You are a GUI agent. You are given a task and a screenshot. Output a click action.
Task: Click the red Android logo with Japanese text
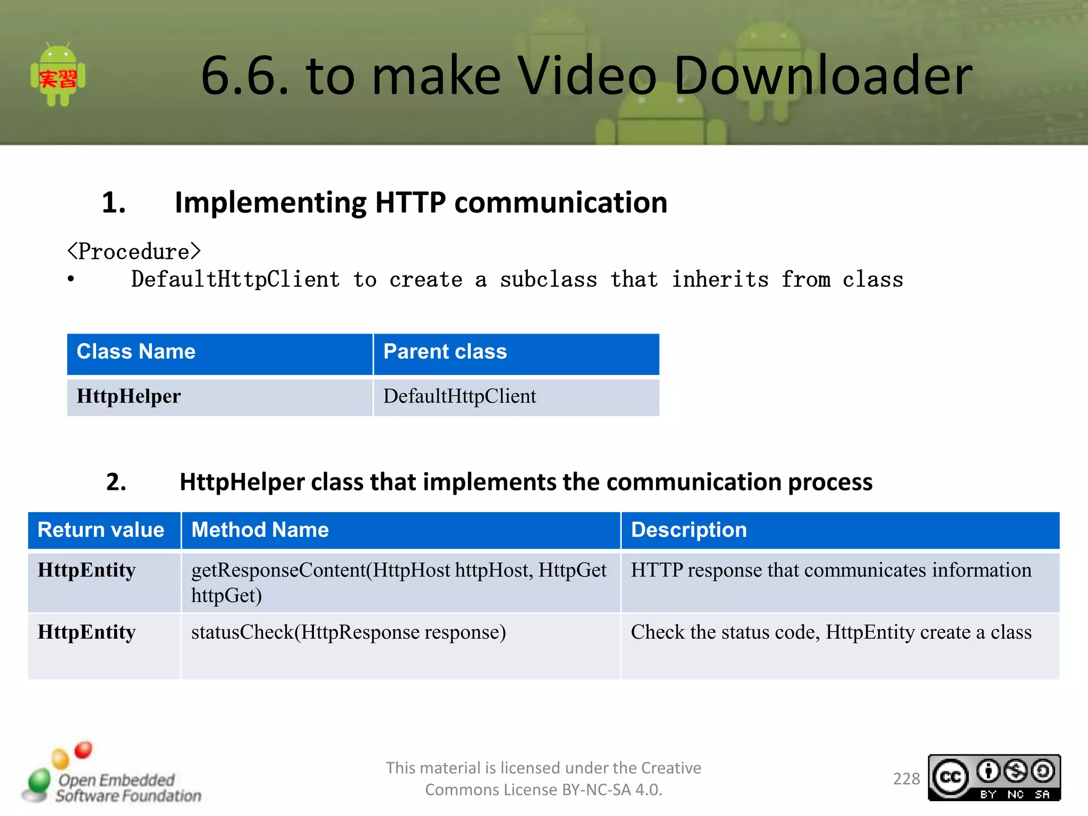(x=58, y=75)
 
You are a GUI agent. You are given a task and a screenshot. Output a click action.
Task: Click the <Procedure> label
(x=134, y=251)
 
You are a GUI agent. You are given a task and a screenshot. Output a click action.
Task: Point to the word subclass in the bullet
(x=548, y=279)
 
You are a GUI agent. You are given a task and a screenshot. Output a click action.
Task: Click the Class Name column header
(x=136, y=352)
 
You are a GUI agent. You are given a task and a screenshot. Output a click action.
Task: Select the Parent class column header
(x=445, y=352)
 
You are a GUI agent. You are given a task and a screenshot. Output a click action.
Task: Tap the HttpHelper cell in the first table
(x=129, y=396)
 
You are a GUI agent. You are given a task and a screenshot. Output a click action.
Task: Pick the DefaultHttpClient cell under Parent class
(x=460, y=396)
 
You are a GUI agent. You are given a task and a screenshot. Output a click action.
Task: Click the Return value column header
(x=101, y=530)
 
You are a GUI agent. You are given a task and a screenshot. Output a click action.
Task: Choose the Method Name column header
(x=260, y=530)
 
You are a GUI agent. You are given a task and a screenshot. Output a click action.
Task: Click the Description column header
(x=688, y=530)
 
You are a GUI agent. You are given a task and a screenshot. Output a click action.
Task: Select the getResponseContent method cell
(x=398, y=582)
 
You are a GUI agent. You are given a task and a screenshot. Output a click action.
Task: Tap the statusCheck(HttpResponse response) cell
(x=348, y=632)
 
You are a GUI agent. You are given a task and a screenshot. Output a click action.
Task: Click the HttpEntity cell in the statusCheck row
(x=87, y=632)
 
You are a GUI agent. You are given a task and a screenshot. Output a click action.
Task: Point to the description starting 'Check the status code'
(x=831, y=632)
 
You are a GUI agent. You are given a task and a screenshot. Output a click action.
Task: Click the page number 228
(x=906, y=779)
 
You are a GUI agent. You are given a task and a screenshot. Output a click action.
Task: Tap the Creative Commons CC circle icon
(x=950, y=777)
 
